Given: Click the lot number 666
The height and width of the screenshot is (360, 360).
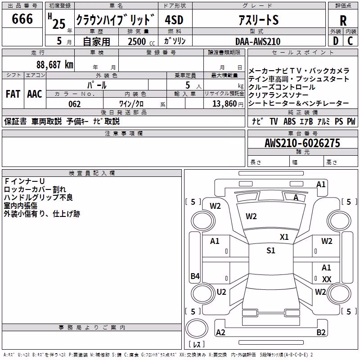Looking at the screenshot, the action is pos(22,18).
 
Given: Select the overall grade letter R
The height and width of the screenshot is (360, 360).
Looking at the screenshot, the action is pos(343,21).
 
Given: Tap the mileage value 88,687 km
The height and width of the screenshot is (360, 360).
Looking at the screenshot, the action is pos(54,65).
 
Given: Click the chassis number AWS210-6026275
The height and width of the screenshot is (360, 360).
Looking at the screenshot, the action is pos(302,143).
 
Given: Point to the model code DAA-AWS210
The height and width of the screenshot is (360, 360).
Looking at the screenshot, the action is pos(258,41).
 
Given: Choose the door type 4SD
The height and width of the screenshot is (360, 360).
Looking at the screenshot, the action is pos(174,20).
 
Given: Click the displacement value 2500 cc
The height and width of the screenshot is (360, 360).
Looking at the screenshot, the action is pos(141,41).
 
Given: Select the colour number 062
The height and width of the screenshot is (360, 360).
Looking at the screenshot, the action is pos(75,104).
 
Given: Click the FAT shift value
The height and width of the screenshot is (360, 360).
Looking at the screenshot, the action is pos(13,94).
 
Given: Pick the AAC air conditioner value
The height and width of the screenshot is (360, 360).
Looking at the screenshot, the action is pos(35,94).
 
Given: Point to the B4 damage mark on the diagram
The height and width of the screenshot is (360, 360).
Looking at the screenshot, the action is pos(195,276).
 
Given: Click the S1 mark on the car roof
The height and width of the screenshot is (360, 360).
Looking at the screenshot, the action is pos(271,251).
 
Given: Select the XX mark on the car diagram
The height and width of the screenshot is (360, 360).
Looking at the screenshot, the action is pos(327,279).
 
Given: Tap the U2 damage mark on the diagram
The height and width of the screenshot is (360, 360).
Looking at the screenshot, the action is pos(221,292).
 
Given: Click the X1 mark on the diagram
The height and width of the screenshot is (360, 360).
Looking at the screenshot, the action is pos(284,237).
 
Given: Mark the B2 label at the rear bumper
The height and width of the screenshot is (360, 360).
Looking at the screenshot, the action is pos(321,332).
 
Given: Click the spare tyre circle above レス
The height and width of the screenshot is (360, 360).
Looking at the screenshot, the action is pos(197,328).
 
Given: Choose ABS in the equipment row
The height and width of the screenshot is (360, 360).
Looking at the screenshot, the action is pos(289,121).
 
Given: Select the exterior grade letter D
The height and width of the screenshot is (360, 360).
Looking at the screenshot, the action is pos(336,41).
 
